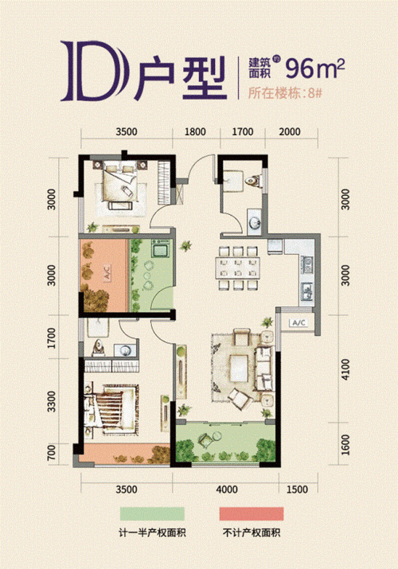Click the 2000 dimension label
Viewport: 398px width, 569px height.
[x=291, y=132]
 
